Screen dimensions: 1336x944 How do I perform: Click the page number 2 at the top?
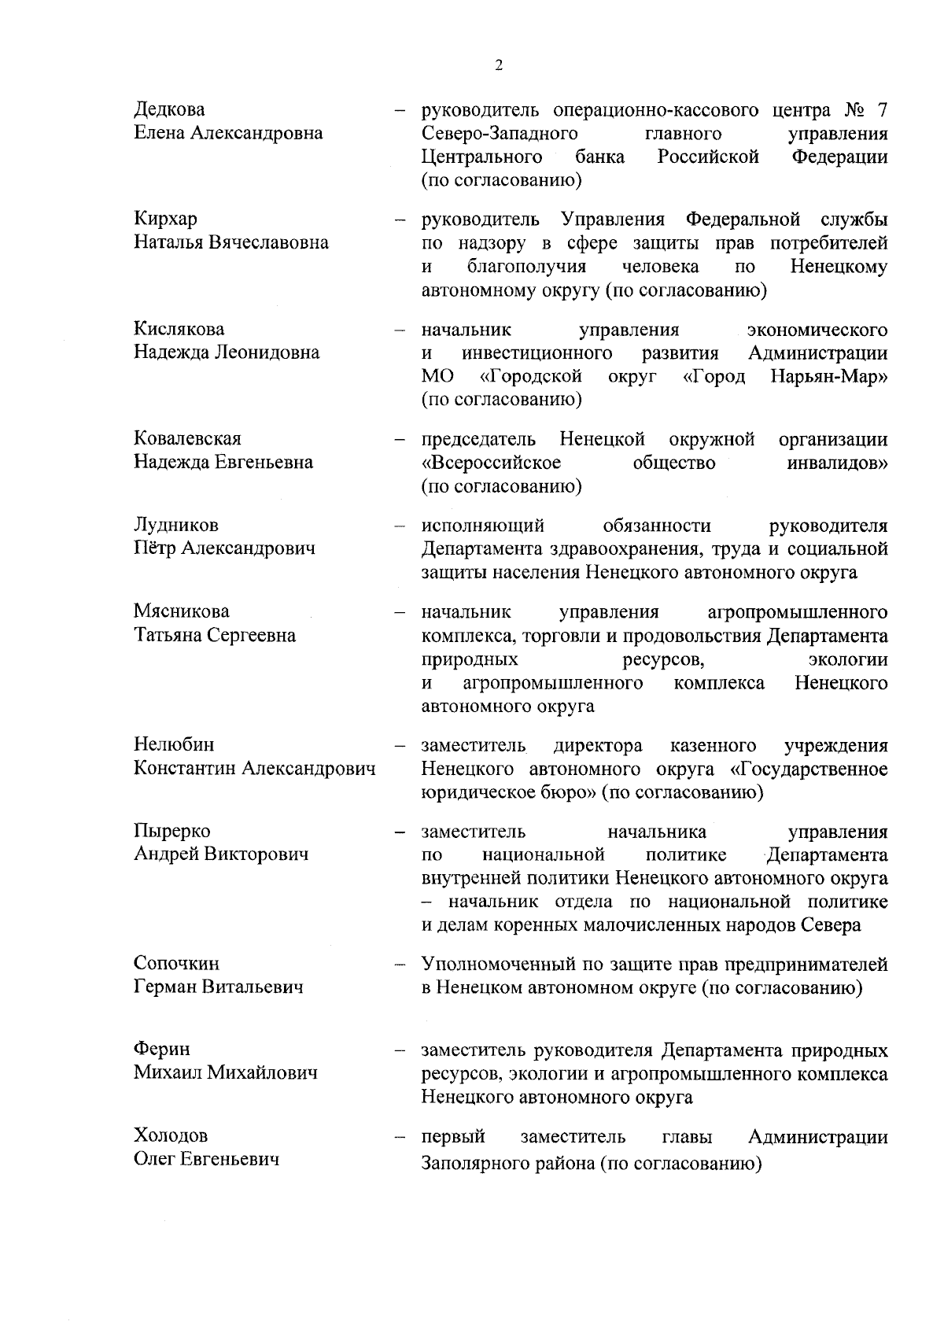click(x=499, y=65)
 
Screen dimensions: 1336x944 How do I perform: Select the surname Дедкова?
click(x=169, y=109)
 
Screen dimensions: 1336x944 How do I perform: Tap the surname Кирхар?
click(x=165, y=219)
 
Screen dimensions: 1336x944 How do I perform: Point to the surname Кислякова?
click(x=179, y=329)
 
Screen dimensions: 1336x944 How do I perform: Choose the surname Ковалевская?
click(x=187, y=438)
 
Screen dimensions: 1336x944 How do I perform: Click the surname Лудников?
click(x=175, y=525)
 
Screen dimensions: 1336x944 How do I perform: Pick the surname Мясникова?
click(x=181, y=611)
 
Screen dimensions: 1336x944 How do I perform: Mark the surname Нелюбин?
click(x=173, y=744)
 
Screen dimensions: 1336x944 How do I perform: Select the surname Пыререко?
click(x=172, y=831)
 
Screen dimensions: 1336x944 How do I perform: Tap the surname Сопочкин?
click(x=176, y=963)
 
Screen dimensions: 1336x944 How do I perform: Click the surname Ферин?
click(x=161, y=1050)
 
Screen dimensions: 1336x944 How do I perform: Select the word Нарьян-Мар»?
click(x=829, y=376)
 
